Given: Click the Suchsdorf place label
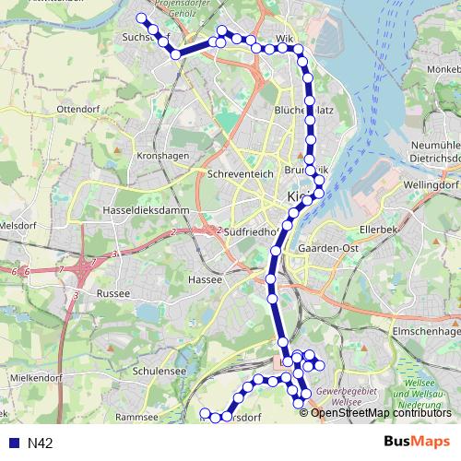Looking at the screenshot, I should point(142,38).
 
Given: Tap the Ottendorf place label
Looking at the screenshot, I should point(77,109).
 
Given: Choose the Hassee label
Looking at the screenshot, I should point(205,278).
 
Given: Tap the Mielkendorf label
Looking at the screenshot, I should point(34,378).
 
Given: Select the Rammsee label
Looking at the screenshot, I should point(138,416).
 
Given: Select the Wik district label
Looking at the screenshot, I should point(284,40).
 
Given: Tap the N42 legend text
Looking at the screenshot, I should point(41,443).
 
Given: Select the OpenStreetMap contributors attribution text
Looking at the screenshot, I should point(382,412).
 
